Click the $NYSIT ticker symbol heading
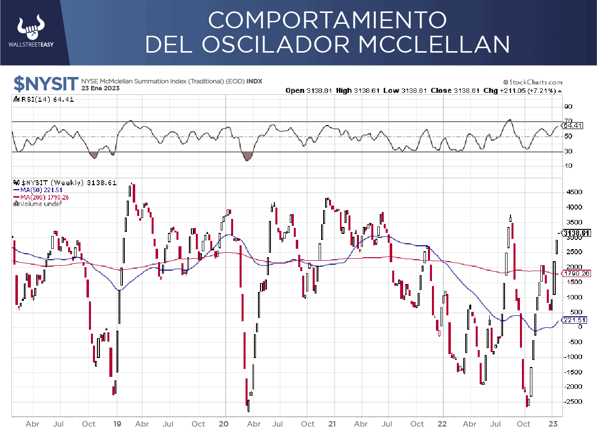[x=46, y=84]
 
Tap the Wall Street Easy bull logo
[x=31, y=28]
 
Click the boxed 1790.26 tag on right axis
[x=575, y=273]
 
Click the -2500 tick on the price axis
[x=572, y=401]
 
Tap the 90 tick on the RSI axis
[x=568, y=107]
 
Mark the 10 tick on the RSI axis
[x=568, y=166]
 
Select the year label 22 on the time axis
[x=442, y=424]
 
